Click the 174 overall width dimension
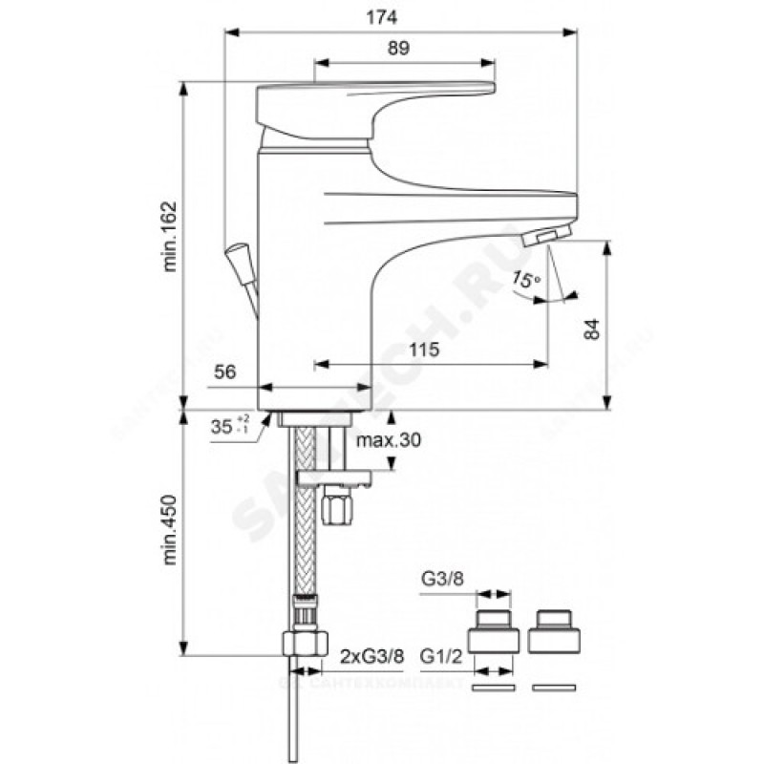[x=402, y=18]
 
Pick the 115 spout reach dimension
[x=425, y=350]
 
